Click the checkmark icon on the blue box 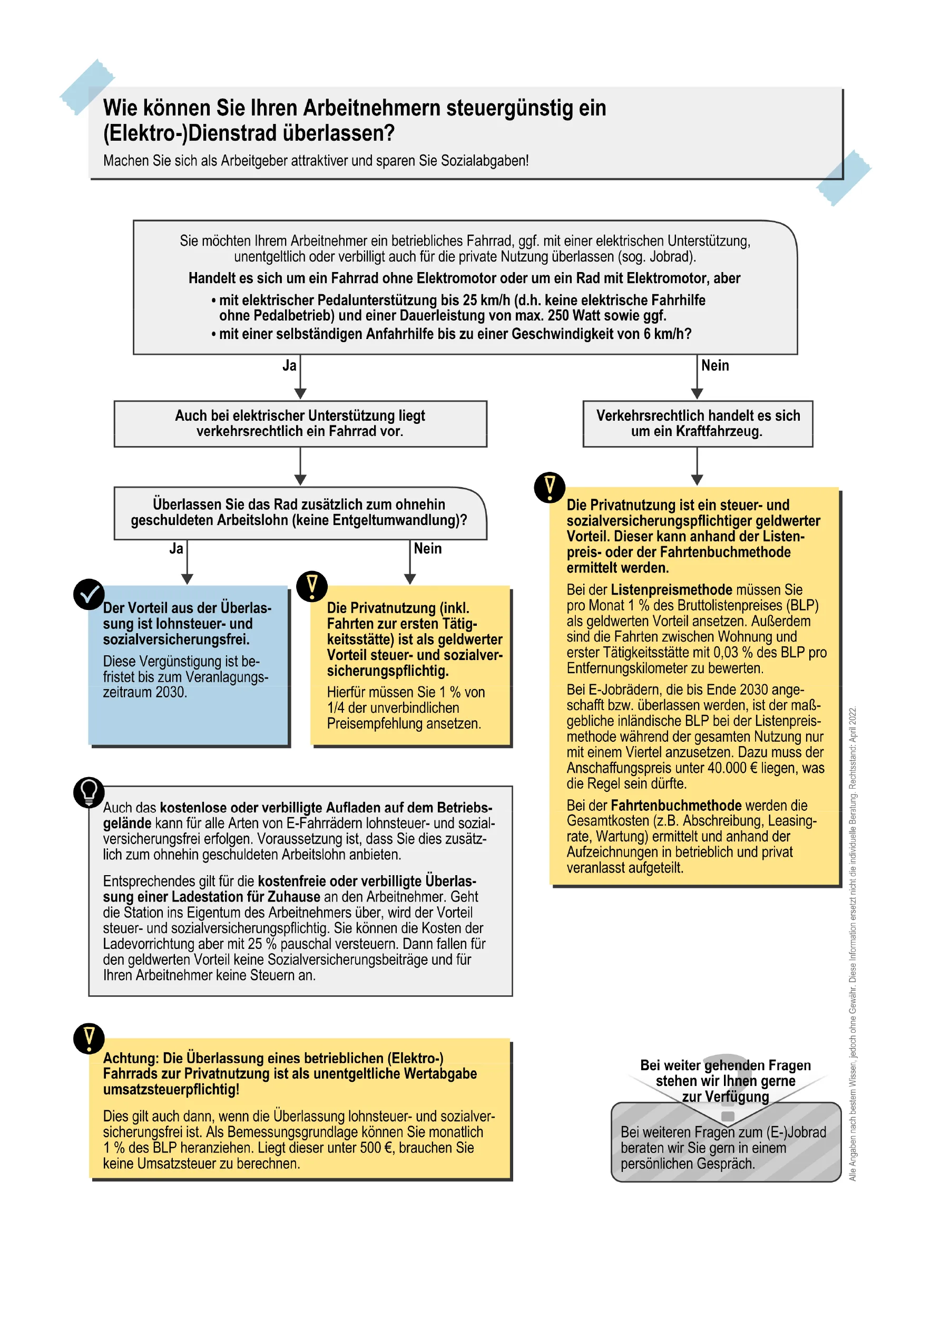point(89,594)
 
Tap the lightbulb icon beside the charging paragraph point(89,792)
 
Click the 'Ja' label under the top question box point(289,366)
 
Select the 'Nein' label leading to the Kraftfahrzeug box point(715,366)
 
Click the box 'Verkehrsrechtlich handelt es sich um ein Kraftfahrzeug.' point(698,424)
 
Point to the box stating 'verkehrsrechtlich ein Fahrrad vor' point(300,424)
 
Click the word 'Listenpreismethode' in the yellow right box point(671,589)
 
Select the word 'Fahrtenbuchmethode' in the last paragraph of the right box point(677,806)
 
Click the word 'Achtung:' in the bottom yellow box point(131,1058)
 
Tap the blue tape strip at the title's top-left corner point(87,86)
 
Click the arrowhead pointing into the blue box point(187,579)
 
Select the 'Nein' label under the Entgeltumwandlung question point(427,549)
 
